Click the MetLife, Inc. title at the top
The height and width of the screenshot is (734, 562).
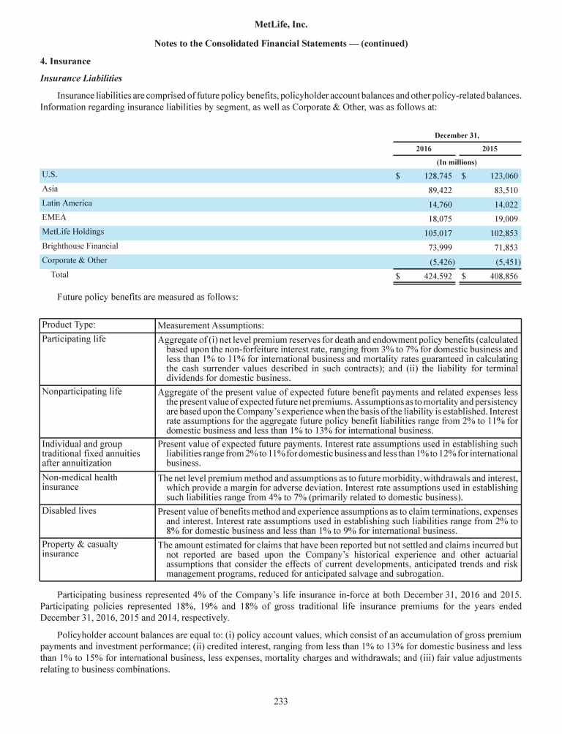(x=281, y=25)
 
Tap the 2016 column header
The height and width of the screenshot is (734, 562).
(x=424, y=148)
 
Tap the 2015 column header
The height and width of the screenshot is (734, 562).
(x=490, y=148)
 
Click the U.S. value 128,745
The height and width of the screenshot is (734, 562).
(x=436, y=176)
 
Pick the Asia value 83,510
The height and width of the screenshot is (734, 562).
(x=503, y=190)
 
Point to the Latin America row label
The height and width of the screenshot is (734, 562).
(x=67, y=203)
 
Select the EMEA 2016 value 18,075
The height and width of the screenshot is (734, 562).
(x=439, y=218)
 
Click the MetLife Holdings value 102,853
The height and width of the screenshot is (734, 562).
(x=501, y=232)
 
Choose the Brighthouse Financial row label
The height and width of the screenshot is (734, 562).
(x=80, y=246)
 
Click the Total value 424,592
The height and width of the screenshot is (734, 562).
(x=436, y=277)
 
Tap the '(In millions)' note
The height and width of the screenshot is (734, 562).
(x=457, y=162)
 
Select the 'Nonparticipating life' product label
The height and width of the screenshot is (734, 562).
(x=82, y=392)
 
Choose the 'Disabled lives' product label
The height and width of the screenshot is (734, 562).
(x=69, y=511)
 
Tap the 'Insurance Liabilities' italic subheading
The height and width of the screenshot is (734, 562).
(x=80, y=77)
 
